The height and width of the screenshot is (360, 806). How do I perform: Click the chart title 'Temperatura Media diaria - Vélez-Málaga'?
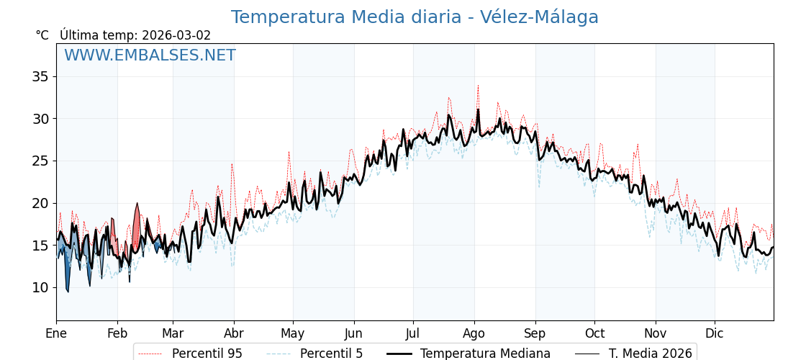(415, 17)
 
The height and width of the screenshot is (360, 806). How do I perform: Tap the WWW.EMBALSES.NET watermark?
(150, 55)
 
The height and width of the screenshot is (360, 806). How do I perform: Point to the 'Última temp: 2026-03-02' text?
(135, 35)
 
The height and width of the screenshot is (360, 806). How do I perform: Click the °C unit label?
(42, 35)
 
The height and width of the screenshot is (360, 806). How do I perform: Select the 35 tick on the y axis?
(39, 76)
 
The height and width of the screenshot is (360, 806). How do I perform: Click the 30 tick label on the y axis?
(39, 119)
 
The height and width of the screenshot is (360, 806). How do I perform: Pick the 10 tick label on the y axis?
(39, 288)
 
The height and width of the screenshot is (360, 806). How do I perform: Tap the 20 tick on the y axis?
(39, 203)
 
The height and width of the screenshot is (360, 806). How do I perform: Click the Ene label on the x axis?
(56, 333)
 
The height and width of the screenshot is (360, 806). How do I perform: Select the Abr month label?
(234, 333)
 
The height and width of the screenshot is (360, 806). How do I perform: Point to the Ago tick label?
(474, 333)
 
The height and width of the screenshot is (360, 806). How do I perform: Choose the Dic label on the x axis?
(715, 333)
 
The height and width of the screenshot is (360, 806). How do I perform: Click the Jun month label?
(354, 333)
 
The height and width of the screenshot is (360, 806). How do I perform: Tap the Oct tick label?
(594, 333)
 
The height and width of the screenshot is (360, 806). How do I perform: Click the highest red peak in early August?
(478, 86)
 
